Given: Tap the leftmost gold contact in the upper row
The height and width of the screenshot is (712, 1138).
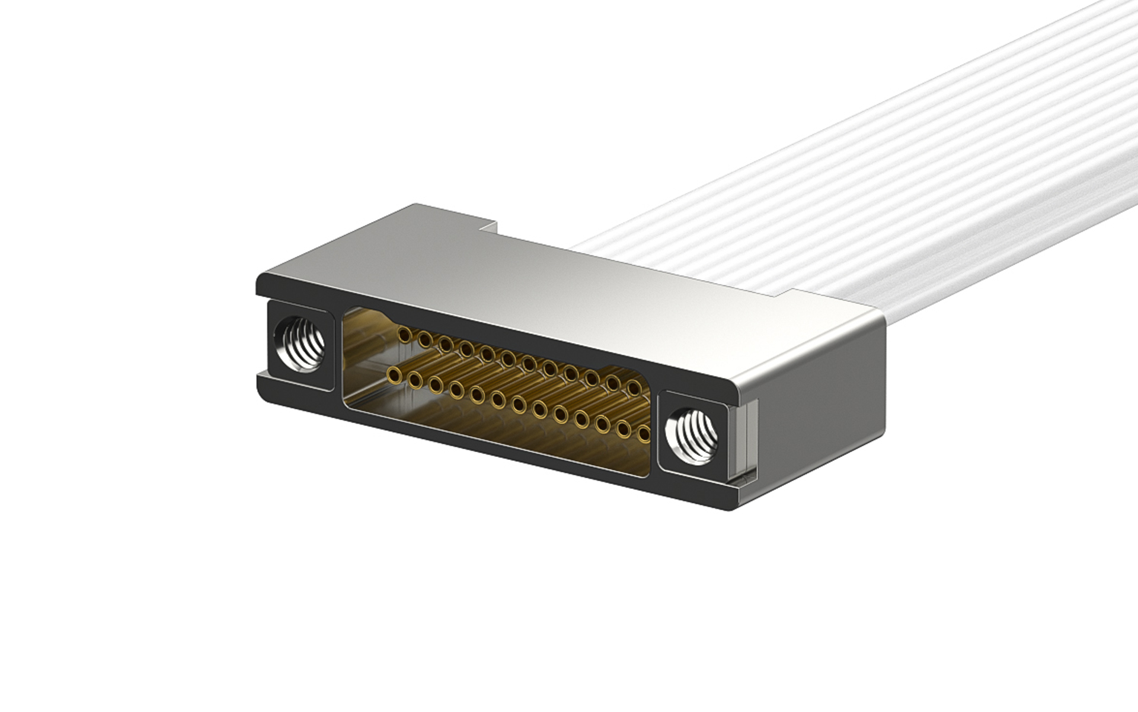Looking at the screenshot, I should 405,336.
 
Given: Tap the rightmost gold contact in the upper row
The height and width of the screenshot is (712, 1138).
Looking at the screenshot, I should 634,388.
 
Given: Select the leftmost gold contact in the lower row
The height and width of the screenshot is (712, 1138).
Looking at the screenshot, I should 393,374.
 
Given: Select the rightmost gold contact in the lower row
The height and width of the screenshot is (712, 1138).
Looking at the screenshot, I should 644,436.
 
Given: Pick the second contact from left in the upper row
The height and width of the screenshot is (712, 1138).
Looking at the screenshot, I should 425,340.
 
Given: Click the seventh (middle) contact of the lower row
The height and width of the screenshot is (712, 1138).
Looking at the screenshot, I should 519,405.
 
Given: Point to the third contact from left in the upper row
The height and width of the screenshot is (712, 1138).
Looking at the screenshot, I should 446,344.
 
